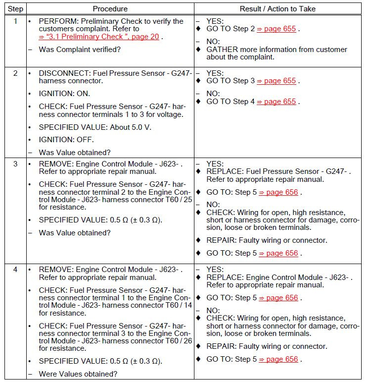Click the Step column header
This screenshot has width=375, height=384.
coord(15,8)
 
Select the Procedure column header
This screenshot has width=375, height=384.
coord(110,8)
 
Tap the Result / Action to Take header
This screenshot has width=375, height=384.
coord(278,8)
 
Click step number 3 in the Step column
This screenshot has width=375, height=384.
coord(15,164)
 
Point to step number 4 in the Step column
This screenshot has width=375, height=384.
coord(15,270)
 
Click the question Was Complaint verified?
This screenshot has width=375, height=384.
coord(80,50)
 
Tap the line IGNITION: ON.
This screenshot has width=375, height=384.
coord(64,94)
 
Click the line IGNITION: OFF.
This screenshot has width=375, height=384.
coord(66,140)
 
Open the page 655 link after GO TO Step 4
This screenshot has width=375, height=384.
coord(280,102)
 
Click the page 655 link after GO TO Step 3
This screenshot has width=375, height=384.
coord(280,81)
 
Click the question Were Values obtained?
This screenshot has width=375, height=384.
coord(78,374)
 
